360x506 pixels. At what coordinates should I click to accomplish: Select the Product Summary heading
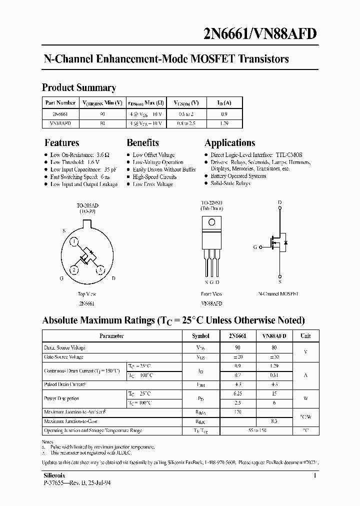click(x=79, y=87)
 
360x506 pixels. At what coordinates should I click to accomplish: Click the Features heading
click(x=61, y=143)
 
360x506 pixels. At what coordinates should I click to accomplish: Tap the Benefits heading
click(x=142, y=143)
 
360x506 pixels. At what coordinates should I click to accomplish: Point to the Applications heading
click(x=229, y=143)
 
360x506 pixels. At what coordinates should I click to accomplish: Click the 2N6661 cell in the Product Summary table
click(x=60, y=113)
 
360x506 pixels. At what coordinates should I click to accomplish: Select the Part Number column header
click(x=60, y=102)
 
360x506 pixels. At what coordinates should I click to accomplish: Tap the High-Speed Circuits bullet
click(x=154, y=177)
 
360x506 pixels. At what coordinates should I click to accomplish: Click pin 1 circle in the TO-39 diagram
click(x=73, y=243)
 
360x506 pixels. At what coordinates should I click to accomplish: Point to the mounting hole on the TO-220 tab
click(x=211, y=222)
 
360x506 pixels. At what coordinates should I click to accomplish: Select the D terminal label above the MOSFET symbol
click(x=279, y=203)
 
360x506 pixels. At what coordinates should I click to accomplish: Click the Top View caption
click(x=86, y=294)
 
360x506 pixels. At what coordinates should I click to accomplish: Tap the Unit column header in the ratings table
click(x=305, y=336)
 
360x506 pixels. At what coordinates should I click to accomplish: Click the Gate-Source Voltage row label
click(x=63, y=357)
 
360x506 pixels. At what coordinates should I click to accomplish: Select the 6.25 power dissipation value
click(x=238, y=394)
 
